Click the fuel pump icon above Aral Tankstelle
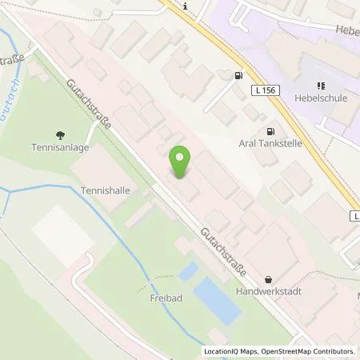point(270,130)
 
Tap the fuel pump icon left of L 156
point(238,76)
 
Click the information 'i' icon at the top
point(186,6)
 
